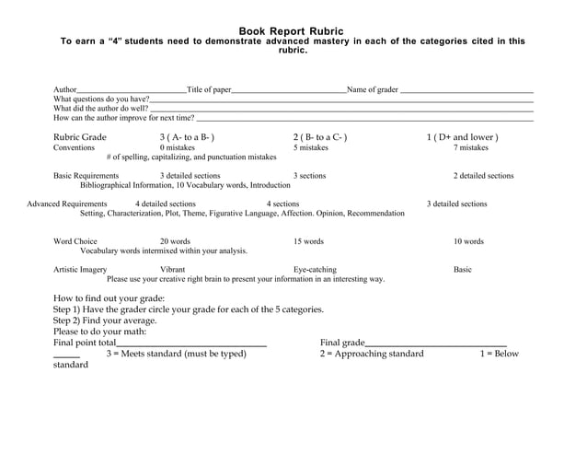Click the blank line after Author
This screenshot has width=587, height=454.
tap(132, 91)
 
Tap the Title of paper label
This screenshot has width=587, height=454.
tap(209, 89)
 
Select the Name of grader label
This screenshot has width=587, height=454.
tap(372, 89)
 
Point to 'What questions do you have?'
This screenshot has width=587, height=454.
tap(101, 99)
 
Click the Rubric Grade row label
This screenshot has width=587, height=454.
tap(80, 137)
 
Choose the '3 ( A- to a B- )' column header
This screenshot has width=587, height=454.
tap(187, 137)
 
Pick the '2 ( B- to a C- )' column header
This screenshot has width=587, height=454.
tap(320, 137)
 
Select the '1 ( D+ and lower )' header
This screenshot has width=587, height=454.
tap(462, 137)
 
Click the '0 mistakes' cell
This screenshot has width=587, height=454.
tap(178, 147)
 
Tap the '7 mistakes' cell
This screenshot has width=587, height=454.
tap(471, 147)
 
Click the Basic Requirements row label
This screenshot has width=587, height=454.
tap(86, 176)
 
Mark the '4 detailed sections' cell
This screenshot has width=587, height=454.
tap(166, 204)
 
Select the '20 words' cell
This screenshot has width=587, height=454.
tap(175, 241)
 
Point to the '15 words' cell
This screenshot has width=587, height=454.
tap(308, 241)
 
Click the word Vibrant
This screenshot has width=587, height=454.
tap(172, 270)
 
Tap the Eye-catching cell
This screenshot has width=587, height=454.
tap(315, 270)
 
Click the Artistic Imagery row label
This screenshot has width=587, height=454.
tap(80, 270)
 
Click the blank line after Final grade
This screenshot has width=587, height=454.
tap(435, 343)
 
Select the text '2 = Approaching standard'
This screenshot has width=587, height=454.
tap(372, 354)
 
